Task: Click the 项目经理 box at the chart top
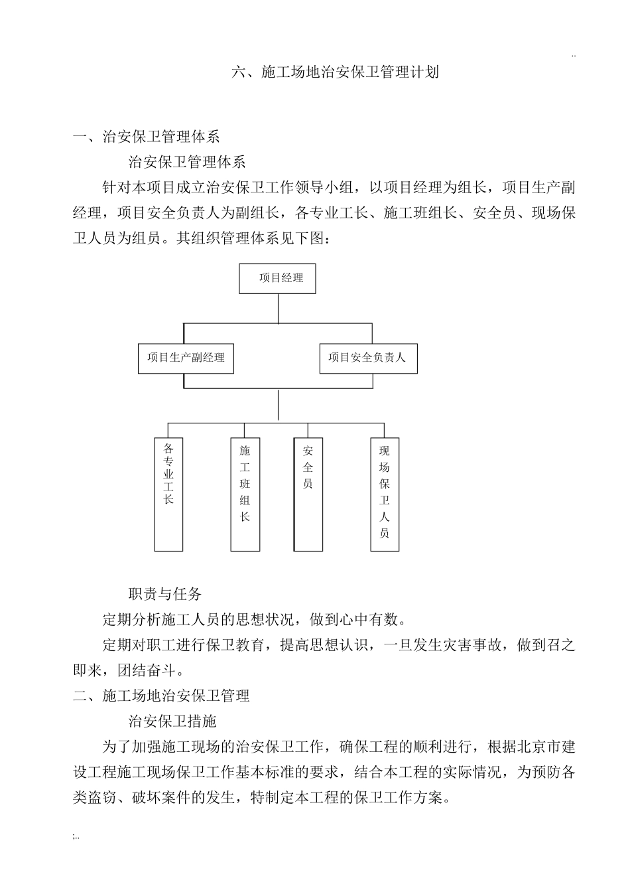(x=277, y=279)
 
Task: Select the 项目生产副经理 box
(x=186, y=358)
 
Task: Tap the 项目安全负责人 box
(x=368, y=358)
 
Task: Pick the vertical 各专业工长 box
(x=168, y=494)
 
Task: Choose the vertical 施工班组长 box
(x=245, y=494)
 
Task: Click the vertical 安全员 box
(x=308, y=494)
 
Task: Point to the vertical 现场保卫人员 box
(x=385, y=494)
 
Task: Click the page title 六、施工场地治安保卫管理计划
(x=335, y=72)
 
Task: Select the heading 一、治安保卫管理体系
(x=146, y=137)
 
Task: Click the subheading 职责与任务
(x=164, y=594)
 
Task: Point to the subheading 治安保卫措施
(x=172, y=721)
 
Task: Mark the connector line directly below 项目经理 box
(x=278, y=309)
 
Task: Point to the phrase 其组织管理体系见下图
(x=251, y=238)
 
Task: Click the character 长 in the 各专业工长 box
(x=168, y=498)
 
